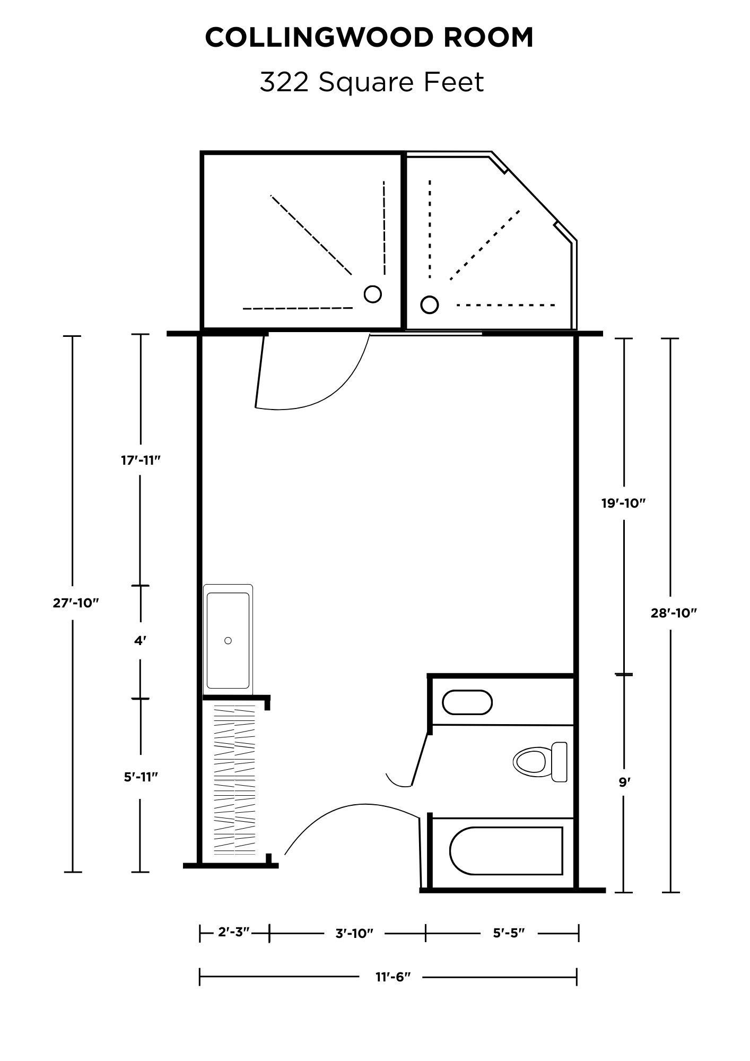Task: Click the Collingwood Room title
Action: coord(369,38)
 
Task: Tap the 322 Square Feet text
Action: coord(372,82)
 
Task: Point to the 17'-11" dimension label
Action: coord(141,460)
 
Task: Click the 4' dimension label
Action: coord(140,641)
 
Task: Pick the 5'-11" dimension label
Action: coord(141,777)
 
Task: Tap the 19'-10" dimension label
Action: coord(623,503)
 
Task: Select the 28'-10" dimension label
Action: coord(674,613)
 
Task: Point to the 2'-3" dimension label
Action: coord(234,932)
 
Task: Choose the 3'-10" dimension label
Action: coord(354,933)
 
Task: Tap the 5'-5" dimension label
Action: coord(509,933)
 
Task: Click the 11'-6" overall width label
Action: coord(394,977)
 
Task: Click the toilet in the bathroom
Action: coord(540,762)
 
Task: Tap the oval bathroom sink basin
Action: coord(467,702)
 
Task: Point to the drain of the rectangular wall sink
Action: coord(228,640)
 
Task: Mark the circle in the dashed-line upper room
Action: coord(373,294)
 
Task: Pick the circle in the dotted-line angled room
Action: coord(430,305)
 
